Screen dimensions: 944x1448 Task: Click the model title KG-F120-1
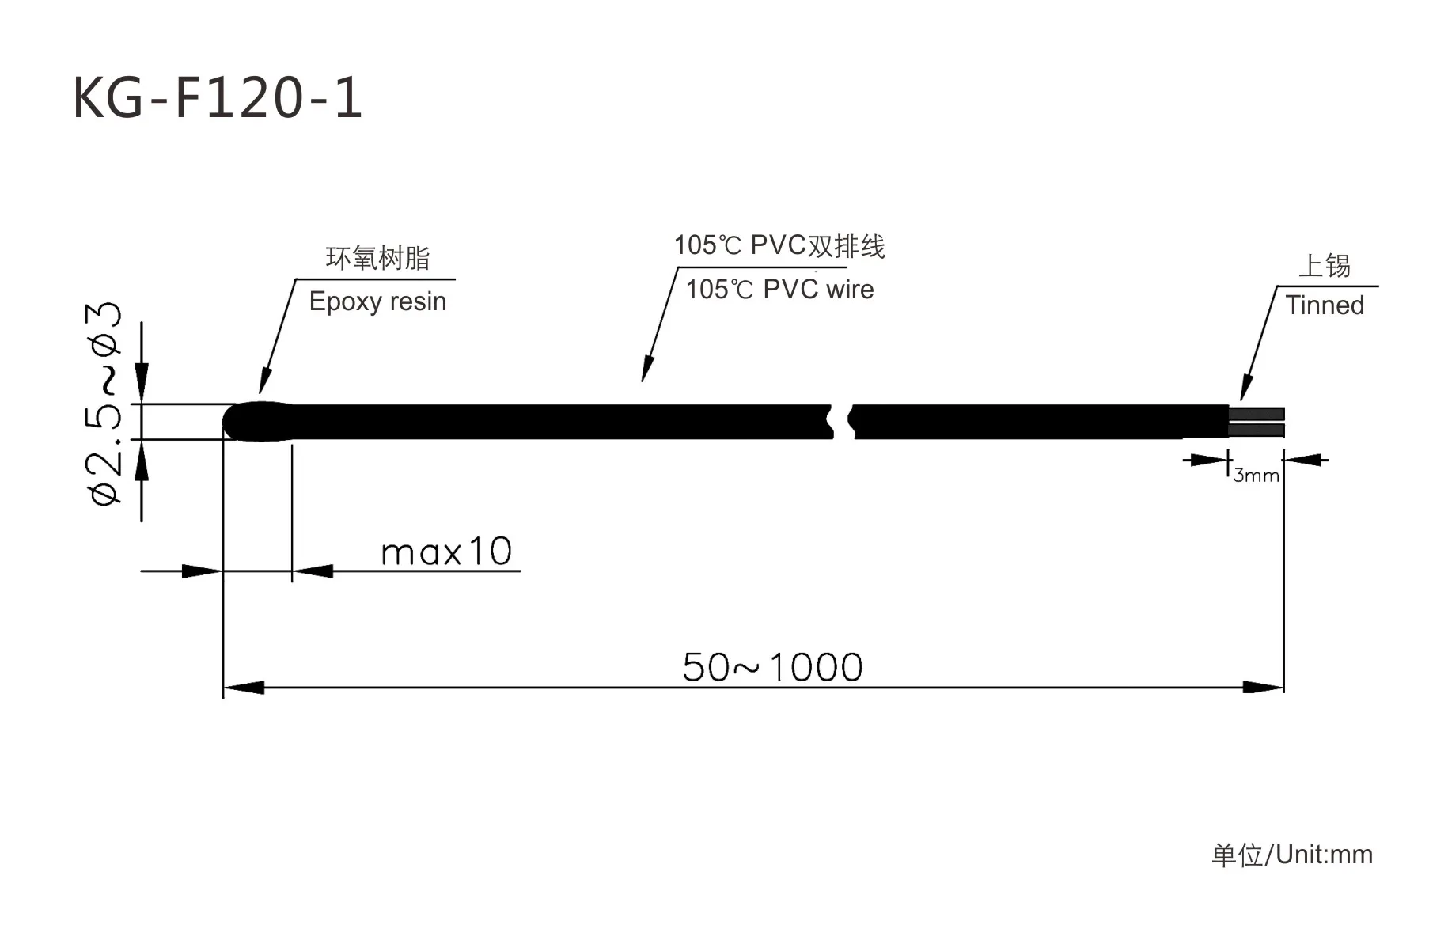[x=218, y=98]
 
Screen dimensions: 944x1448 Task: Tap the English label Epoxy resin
[x=377, y=301]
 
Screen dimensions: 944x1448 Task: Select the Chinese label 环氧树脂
[x=377, y=258]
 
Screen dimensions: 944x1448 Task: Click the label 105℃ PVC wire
[x=779, y=290]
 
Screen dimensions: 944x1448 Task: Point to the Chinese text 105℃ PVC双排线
[x=779, y=246]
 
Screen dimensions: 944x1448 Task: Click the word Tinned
[x=1325, y=305]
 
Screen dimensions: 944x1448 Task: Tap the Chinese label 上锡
[x=1325, y=266]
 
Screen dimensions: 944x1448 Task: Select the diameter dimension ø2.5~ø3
[x=105, y=404]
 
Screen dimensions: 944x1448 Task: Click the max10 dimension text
[x=446, y=552]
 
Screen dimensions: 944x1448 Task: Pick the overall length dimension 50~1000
[x=772, y=667]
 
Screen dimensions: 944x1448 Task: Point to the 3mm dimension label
[x=1256, y=476]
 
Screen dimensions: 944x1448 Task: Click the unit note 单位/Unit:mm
[x=1292, y=855]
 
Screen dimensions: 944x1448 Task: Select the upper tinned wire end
[x=1257, y=413]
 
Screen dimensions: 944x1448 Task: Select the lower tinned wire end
[x=1257, y=430]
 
